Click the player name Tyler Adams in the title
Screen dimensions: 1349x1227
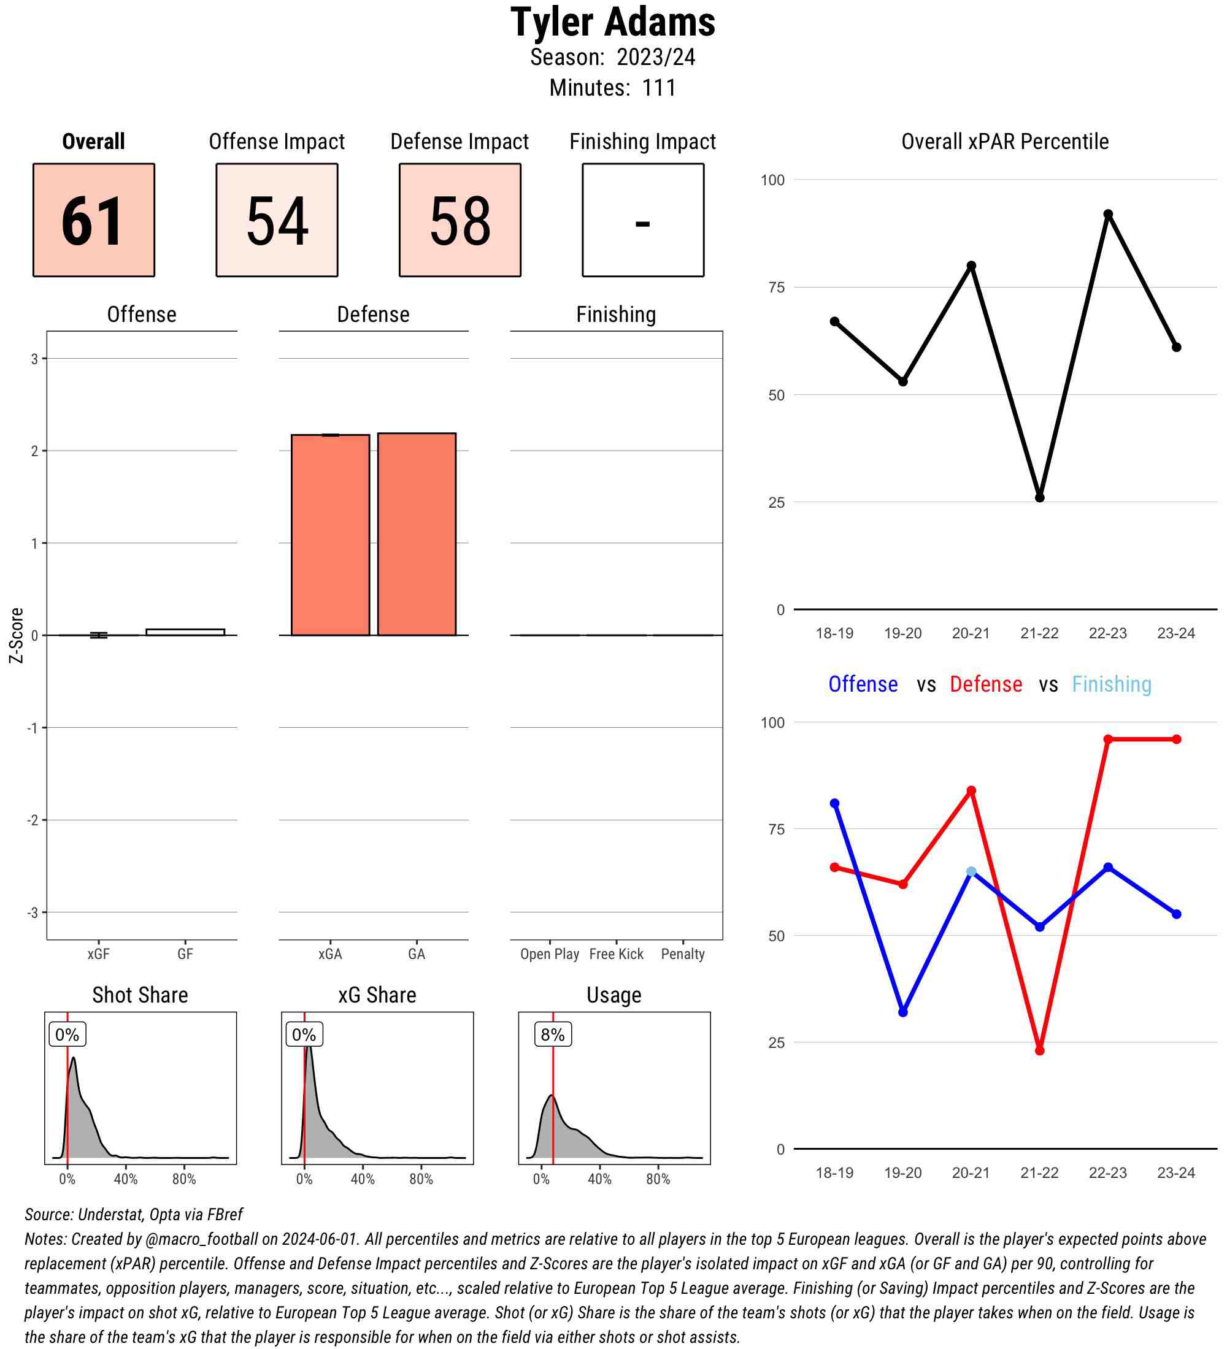point(612,22)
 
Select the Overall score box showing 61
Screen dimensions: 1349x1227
point(94,220)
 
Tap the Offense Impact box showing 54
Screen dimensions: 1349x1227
point(277,220)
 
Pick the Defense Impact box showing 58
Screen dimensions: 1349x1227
point(460,220)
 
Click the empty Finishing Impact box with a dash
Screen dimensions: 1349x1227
point(642,220)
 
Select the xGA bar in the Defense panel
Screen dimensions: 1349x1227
point(330,535)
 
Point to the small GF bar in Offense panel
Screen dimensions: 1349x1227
point(185,632)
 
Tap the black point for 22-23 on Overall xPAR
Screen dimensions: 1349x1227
point(1108,214)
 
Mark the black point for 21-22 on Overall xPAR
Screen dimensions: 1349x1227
point(1039,498)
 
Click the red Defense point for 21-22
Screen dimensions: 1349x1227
point(1039,1050)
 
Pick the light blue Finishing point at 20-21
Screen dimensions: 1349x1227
point(971,872)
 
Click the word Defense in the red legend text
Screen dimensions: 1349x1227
point(986,684)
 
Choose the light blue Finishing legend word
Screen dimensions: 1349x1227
point(1111,684)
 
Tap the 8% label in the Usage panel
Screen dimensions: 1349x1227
point(552,1034)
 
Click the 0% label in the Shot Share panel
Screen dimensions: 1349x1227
point(67,1034)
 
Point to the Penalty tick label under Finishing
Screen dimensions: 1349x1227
point(683,954)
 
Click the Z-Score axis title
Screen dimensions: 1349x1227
point(16,635)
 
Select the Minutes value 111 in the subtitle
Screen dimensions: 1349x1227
point(659,88)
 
